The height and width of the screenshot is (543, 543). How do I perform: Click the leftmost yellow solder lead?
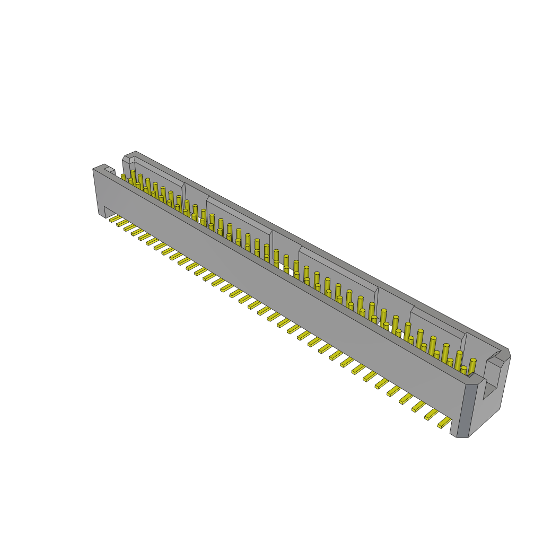pyautogui.click(x=115, y=218)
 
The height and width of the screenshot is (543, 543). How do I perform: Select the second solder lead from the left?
pyautogui.click(x=122, y=223)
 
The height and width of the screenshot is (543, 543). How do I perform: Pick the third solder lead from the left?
pyautogui.click(x=130, y=227)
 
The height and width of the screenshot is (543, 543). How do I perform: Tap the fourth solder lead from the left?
pyautogui.click(x=137, y=232)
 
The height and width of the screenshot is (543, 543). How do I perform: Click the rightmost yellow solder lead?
pyautogui.click(x=444, y=422)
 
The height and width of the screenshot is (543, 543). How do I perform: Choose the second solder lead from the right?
pyautogui.click(x=432, y=414)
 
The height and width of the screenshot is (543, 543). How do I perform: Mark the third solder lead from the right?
pyautogui.click(x=419, y=406)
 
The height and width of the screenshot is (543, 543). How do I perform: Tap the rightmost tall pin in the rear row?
pyautogui.click(x=472, y=366)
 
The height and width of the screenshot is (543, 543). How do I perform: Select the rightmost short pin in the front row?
pyautogui.click(x=463, y=370)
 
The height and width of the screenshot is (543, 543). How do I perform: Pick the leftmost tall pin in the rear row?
pyautogui.click(x=133, y=176)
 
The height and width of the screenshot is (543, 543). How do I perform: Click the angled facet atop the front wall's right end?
pyautogui.click(x=476, y=379)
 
